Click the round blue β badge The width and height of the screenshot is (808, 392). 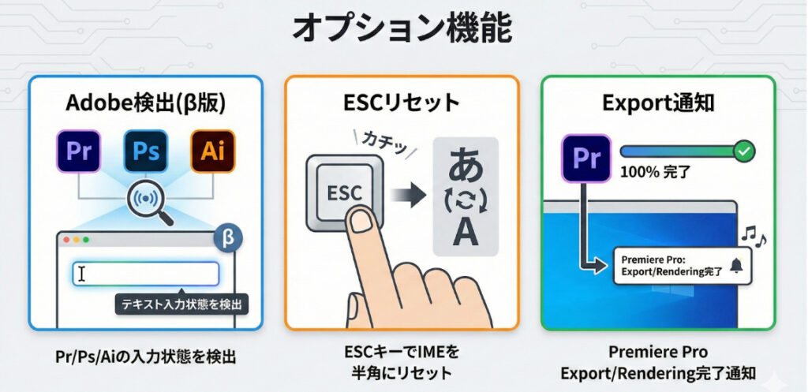(228, 238)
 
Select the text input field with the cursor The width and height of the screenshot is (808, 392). (145, 274)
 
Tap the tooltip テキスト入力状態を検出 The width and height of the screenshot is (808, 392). (181, 304)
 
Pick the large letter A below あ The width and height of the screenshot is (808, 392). (466, 234)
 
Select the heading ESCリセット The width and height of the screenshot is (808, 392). (402, 103)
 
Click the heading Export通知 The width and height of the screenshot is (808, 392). (657, 103)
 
